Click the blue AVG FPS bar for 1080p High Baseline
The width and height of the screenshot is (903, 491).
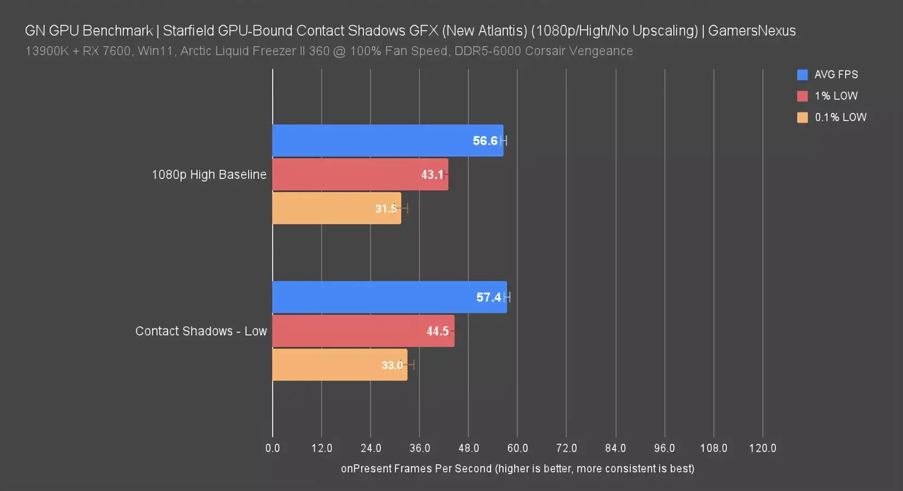pyautogui.click(x=371, y=141)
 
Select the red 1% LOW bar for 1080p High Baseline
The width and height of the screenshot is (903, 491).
pyautogui.click(x=349, y=175)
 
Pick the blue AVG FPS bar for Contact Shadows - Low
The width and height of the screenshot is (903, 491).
pyautogui.click(x=371, y=297)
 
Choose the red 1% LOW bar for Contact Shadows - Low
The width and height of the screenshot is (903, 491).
pyautogui.click(x=349, y=331)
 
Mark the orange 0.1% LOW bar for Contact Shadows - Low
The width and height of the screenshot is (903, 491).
pyautogui.click(x=327, y=365)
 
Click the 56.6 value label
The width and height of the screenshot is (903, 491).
pyautogui.click(x=485, y=141)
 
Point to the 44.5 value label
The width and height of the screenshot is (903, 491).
pyautogui.click(x=438, y=331)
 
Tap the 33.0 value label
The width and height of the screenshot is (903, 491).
pyautogui.click(x=392, y=365)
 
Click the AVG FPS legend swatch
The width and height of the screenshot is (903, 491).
pyautogui.click(x=802, y=75)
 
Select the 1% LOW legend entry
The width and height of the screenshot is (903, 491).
pyautogui.click(x=835, y=96)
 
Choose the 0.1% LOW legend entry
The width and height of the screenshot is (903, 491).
pyautogui.click(x=840, y=117)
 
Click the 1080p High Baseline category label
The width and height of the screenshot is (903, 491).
pyautogui.click(x=209, y=175)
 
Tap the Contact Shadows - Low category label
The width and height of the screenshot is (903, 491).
pyautogui.click(x=201, y=331)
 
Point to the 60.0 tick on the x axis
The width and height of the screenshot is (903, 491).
pyautogui.click(x=517, y=448)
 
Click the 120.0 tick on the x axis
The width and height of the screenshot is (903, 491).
pyautogui.click(x=762, y=448)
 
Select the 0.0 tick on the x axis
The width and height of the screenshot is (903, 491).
pyautogui.click(x=272, y=448)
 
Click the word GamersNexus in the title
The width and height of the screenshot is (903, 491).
pyautogui.click(x=752, y=31)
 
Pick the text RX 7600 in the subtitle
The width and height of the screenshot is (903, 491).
pyautogui.click(x=106, y=51)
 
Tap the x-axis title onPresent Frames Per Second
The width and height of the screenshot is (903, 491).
pyautogui.click(x=416, y=469)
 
